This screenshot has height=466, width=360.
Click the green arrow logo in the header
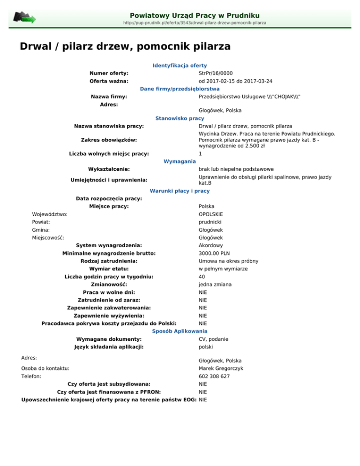[x=24, y=18]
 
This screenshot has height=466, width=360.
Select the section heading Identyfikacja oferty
[x=180, y=66]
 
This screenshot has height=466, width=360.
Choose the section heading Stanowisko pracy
[x=180, y=119]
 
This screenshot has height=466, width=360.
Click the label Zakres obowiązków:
[x=109, y=140]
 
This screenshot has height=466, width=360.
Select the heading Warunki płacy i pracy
[x=180, y=191]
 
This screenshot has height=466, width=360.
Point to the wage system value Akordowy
[x=211, y=245]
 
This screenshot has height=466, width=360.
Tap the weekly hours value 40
[x=202, y=277]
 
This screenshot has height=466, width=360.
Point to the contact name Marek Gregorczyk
[x=221, y=368]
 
